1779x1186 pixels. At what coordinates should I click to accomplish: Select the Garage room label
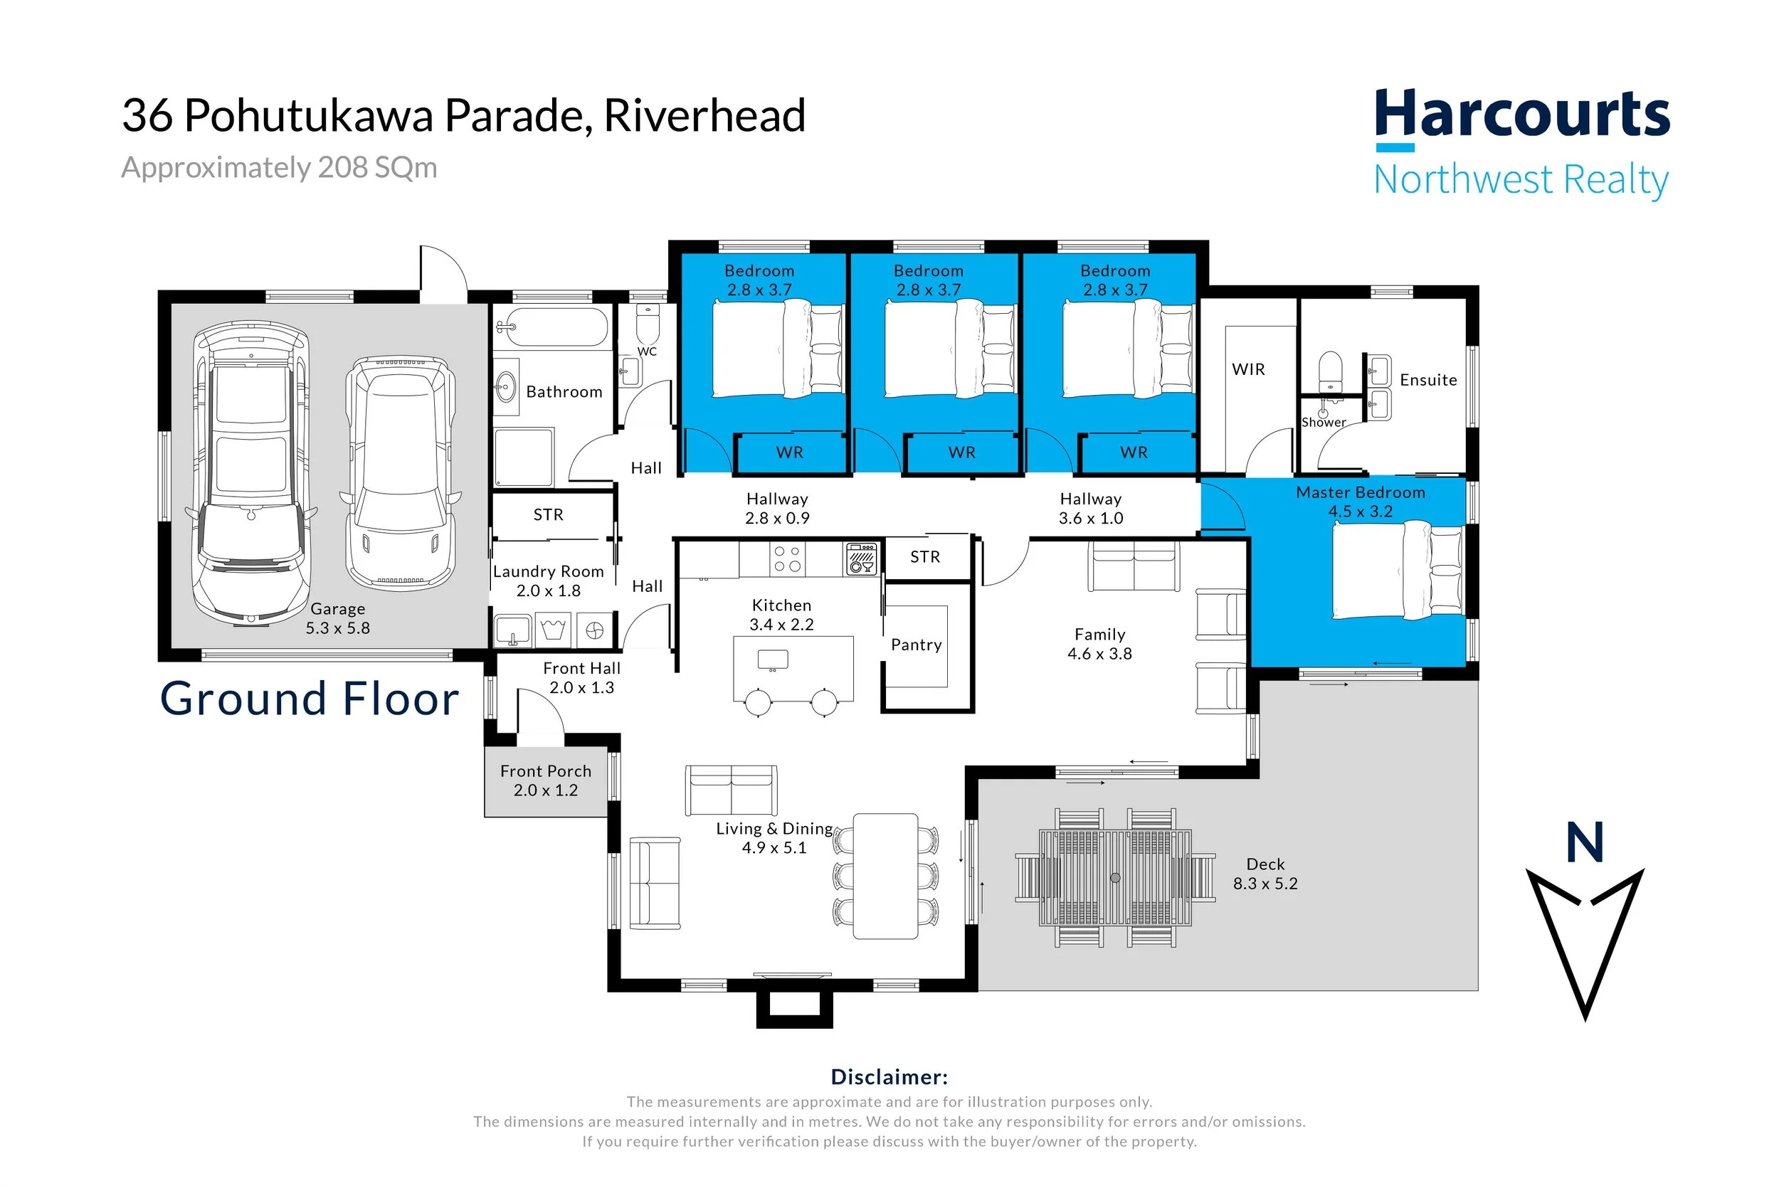click(337, 609)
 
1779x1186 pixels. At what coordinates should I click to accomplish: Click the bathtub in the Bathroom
click(552, 327)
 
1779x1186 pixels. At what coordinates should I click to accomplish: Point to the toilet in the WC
click(648, 323)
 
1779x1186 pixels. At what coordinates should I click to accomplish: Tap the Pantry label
click(916, 645)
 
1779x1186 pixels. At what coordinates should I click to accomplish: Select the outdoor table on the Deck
click(1115, 877)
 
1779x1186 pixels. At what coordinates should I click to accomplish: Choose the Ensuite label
click(1428, 380)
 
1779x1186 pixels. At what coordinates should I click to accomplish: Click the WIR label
click(1248, 369)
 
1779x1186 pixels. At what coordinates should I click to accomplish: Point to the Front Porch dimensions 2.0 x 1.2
click(545, 790)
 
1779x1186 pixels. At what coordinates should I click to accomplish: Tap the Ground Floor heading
click(310, 698)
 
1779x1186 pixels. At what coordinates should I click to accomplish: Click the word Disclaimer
click(889, 1076)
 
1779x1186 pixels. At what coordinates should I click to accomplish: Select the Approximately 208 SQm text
click(279, 167)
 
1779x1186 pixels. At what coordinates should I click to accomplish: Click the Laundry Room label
click(549, 571)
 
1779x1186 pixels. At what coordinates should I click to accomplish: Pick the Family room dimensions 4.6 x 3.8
click(1099, 654)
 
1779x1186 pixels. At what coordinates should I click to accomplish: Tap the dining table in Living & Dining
click(886, 877)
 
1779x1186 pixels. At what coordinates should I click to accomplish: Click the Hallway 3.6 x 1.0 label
click(1091, 508)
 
